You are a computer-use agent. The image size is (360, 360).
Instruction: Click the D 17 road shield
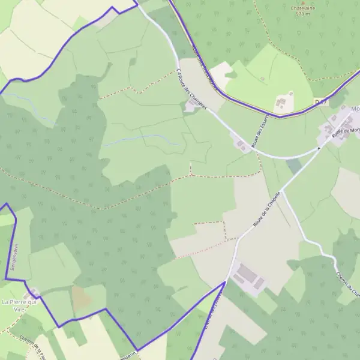[x=321, y=103]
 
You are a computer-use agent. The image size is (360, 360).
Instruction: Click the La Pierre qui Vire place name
[x=20, y=304]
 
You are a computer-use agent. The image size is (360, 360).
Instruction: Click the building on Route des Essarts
[x=242, y=145]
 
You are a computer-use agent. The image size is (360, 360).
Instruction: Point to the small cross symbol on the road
[x=319, y=148]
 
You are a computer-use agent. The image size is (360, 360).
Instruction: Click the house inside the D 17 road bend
[x=283, y=103]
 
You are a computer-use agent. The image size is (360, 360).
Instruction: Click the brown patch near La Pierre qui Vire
[x=82, y=297]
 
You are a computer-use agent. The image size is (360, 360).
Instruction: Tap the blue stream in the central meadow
[x=144, y=139]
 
